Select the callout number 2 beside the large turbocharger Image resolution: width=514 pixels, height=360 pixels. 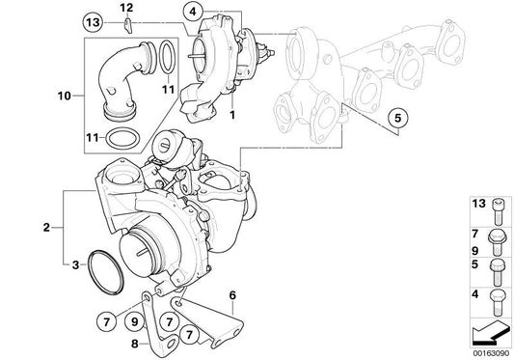[x=46, y=229]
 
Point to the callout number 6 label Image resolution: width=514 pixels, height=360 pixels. [x=232, y=295]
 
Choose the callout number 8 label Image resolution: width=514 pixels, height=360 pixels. [x=136, y=343]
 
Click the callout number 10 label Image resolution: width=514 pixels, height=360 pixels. [x=66, y=96]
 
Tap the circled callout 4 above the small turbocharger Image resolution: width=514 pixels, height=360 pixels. [x=193, y=12]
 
